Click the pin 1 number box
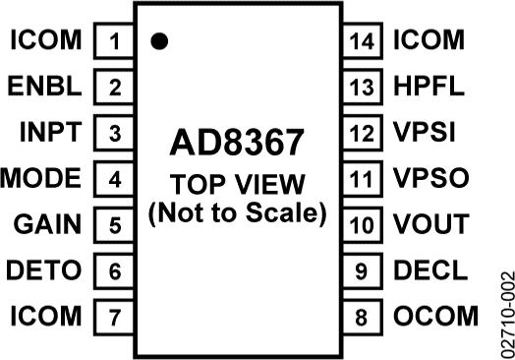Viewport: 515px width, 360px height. [x=114, y=41]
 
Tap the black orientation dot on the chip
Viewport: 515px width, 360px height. [x=157, y=41]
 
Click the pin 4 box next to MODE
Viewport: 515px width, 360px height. [x=114, y=179]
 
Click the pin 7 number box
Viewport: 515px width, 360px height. [x=114, y=317]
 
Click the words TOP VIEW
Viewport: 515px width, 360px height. [x=238, y=184]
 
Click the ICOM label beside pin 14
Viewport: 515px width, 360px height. [x=429, y=41]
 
